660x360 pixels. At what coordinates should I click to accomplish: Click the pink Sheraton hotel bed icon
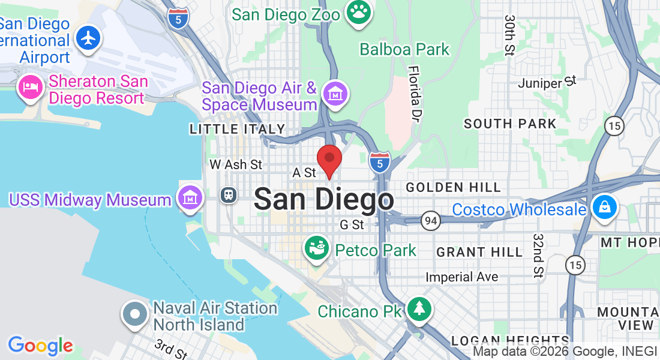click(30, 88)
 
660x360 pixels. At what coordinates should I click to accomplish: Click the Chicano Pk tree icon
click(419, 309)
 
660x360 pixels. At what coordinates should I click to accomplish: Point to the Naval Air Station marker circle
click(135, 314)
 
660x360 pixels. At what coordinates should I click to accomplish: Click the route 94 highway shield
click(429, 221)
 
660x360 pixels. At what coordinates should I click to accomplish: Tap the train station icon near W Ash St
click(228, 194)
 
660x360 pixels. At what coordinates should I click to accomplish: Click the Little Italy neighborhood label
click(238, 129)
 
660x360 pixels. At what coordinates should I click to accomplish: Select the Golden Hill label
click(453, 188)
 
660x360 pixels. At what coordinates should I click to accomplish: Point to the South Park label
click(510, 124)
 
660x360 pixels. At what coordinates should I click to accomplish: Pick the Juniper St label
click(547, 82)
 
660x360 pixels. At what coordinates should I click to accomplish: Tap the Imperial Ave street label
click(461, 277)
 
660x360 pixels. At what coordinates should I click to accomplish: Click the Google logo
click(40, 346)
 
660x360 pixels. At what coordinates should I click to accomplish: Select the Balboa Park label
click(404, 49)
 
